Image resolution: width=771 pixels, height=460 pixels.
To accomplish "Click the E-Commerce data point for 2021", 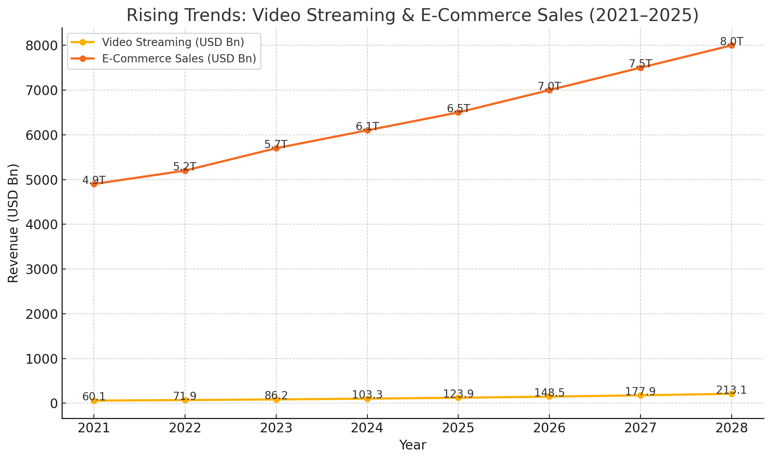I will pos(94,184).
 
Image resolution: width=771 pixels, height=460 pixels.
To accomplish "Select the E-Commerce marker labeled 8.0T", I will pos(731,45).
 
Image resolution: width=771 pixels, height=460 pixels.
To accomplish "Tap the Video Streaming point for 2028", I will pos(731,394).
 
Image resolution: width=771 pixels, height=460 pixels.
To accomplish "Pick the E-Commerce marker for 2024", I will pos(367,130).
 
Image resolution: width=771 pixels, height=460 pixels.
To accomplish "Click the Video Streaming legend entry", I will pos(173,42).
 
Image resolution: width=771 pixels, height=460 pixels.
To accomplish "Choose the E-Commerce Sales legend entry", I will pos(179,58).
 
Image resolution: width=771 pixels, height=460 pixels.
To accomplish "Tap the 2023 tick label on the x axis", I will pos(276,428).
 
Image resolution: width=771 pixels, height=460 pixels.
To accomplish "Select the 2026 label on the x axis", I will pos(549,428).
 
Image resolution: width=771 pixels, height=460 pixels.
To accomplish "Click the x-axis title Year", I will pos(413,445).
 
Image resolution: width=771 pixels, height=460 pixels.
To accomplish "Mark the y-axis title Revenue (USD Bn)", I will pos(13,223).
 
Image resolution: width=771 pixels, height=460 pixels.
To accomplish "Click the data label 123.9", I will pos(458,394).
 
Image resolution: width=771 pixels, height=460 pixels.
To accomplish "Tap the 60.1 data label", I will pos(94,397).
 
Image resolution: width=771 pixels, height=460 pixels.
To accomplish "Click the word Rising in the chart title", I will pos(150,16).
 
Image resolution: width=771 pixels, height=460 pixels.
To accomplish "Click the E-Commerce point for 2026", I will pos(549,90).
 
